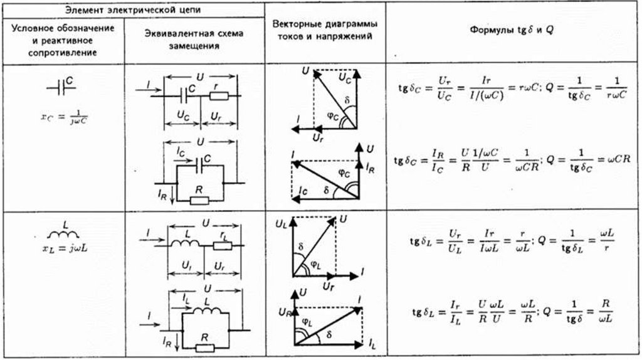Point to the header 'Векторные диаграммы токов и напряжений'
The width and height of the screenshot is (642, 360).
tap(325, 31)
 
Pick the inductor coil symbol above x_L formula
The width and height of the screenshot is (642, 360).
tap(66, 233)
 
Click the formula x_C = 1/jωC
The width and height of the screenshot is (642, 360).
tap(65, 119)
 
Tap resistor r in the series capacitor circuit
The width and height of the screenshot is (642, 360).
tap(218, 96)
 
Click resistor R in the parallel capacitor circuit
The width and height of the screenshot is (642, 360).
tap(200, 199)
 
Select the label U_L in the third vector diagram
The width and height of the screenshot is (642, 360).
tap(280, 223)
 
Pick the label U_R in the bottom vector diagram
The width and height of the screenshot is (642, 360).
tap(283, 310)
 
